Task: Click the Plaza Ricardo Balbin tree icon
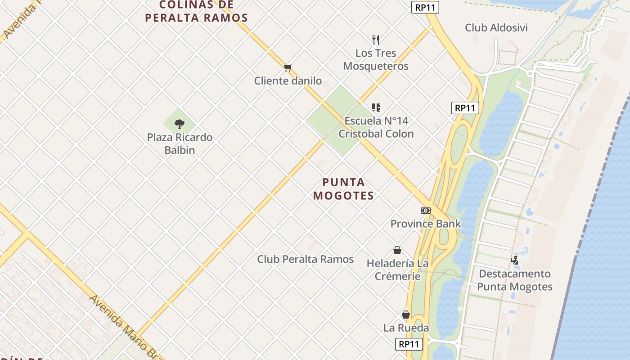[x=180, y=124]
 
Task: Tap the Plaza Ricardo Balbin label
[x=180, y=144]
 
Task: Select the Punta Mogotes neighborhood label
[x=344, y=189]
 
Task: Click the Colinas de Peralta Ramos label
[x=197, y=12]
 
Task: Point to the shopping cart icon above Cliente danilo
[x=288, y=68]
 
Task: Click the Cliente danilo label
[x=288, y=81]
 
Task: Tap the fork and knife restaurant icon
[x=376, y=40]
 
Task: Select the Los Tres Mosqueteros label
[x=376, y=59]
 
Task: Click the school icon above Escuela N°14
[x=376, y=108]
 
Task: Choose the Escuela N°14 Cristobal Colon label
[x=376, y=127]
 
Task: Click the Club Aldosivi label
[x=496, y=28]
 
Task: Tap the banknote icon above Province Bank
[x=425, y=211]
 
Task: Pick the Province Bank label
[x=425, y=224]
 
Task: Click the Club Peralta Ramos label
[x=305, y=259]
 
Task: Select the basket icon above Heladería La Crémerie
[x=397, y=250]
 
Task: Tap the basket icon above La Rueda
[x=406, y=315]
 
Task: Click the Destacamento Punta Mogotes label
[x=514, y=280]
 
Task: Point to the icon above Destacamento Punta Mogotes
[x=514, y=260]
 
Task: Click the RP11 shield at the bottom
[x=409, y=344]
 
